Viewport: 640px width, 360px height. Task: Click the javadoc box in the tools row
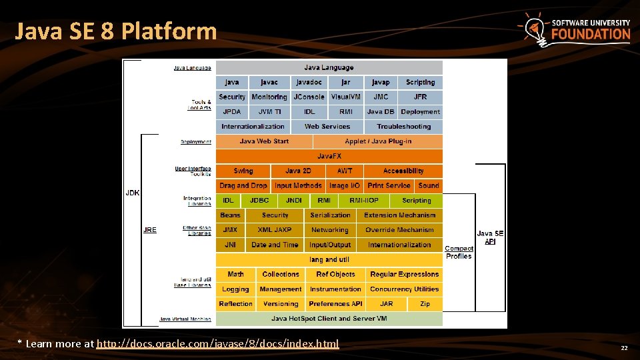[x=309, y=83]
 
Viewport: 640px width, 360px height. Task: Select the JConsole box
[x=309, y=97]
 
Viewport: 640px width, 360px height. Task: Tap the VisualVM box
[x=345, y=97]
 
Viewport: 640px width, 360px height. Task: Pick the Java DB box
[x=381, y=112]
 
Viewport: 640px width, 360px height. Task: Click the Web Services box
[x=327, y=127]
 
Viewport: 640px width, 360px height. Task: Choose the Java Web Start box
[x=264, y=141]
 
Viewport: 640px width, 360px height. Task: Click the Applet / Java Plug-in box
[x=378, y=141]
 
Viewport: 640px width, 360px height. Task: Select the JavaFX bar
[x=329, y=156]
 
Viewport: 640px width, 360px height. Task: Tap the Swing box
[x=243, y=171]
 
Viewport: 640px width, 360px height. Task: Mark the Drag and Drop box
[x=243, y=186]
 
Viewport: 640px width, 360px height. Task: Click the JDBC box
[x=259, y=201]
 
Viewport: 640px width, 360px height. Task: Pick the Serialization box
[x=330, y=215]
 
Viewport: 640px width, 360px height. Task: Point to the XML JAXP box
[x=274, y=230]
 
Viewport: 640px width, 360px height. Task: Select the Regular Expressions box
[x=404, y=275]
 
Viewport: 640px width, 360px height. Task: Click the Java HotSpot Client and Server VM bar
[x=329, y=319]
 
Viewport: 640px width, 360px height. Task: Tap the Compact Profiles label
[x=459, y=253]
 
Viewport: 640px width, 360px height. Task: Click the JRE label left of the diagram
[x=150, y=230]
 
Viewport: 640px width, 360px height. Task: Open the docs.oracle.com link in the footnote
[x=217, y=344]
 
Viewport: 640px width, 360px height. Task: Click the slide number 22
[x=624, y=348]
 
